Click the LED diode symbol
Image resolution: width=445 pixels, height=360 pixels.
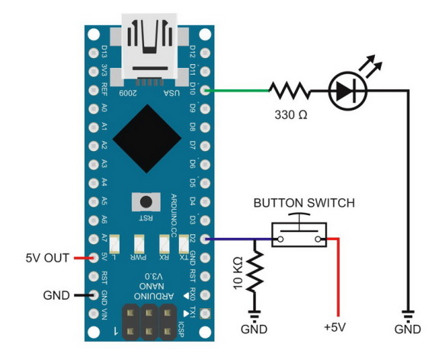tap(349, 92)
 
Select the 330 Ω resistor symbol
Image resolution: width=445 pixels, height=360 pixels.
tap(290, 92)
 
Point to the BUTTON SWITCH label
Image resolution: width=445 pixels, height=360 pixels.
tap(304, 204)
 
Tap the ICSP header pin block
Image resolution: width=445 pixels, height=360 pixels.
tap(147, 321)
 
